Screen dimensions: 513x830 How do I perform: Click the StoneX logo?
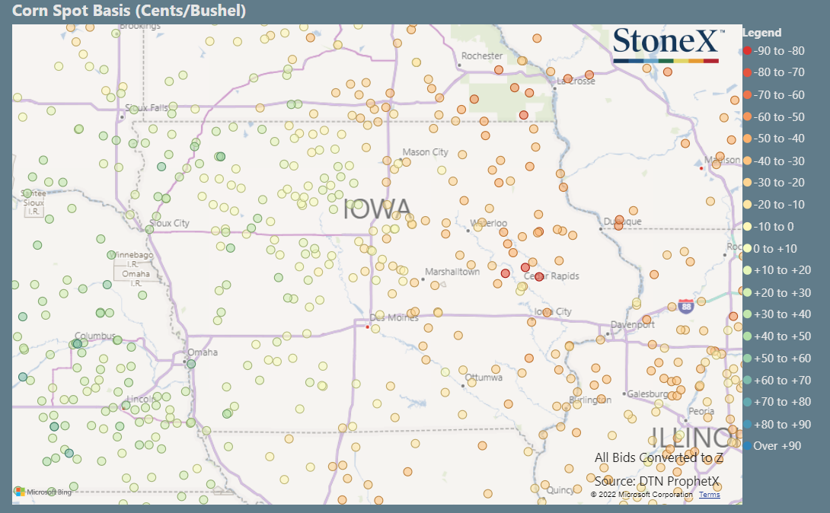(666, 46)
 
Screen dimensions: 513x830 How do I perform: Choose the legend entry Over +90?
(777, 446)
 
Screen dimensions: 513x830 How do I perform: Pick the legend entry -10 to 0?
(774, 227)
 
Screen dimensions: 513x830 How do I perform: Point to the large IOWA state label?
(377, 209)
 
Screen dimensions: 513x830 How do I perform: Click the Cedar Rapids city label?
(552, 276)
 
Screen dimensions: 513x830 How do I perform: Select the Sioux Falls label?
(148, 108)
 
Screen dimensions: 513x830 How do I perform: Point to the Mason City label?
(425, 152)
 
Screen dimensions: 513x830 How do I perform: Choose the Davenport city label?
(632, 324)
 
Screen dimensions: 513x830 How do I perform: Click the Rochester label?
(482, 56)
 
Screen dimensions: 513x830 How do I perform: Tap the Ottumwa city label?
(484, 378)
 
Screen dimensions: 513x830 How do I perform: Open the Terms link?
(709, 495)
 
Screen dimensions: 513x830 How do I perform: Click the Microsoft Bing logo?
(43, 492)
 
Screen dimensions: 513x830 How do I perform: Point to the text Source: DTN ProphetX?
(657, 480)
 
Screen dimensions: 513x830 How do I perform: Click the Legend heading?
(761, 33)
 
